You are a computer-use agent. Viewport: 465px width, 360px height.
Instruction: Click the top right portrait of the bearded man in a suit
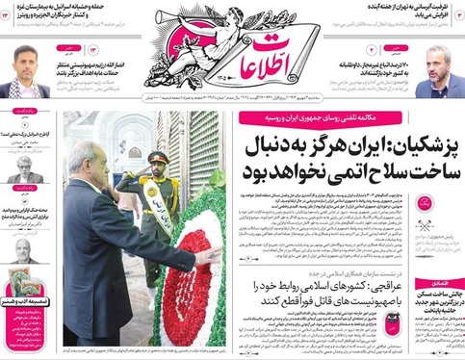click(x=438, y=68)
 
